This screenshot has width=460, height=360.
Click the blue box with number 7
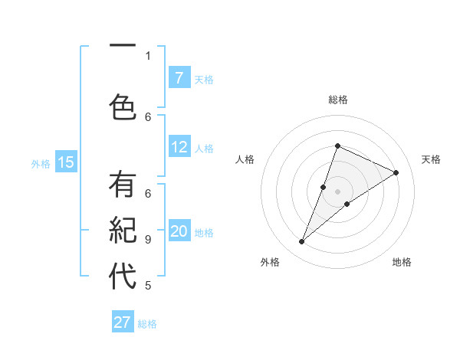179,77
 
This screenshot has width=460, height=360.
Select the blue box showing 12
179,147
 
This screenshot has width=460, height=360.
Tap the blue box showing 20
179,231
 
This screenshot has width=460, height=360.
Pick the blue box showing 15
66,162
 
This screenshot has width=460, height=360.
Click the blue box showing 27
123,322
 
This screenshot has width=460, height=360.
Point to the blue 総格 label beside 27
147,324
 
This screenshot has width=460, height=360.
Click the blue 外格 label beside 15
41,163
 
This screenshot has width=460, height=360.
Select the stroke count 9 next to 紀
147,239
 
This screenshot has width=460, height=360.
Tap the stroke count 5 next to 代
147,286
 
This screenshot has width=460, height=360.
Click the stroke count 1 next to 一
147,55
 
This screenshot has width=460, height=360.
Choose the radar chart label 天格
431,159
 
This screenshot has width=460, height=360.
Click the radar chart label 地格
402,262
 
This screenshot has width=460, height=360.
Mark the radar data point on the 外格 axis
302,242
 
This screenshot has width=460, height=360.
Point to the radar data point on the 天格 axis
396,173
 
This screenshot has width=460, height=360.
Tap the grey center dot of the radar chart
337,191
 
